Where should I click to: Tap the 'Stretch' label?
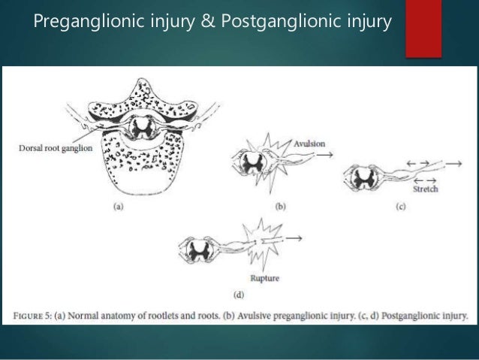(426, 189)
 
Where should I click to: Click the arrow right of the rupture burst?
(291, 239)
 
